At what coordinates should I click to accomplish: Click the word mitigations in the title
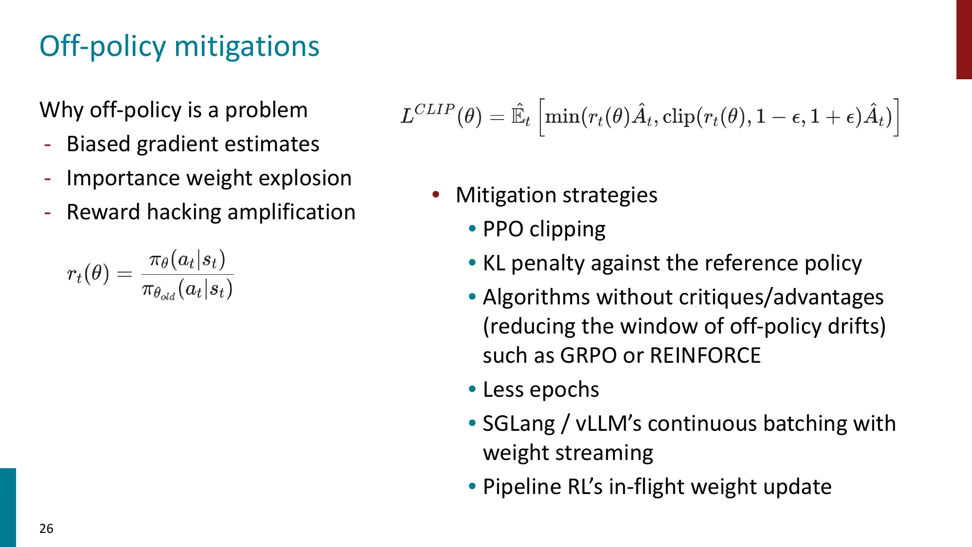pyautogui.click(x=247, y=47)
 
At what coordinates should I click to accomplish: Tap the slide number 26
pyautogui.click(x=46, y=529)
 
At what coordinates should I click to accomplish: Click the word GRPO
pyautogui.click(x=589, y=355)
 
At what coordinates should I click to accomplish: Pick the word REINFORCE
pyautogui.click(x=705, y=355)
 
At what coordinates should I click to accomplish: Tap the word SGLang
pyautogui.click(x=519, y=423)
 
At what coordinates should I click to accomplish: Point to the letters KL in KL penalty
pyautogui.click(x=494, y=263)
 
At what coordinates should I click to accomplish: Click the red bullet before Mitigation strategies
pyautogui.click(x=436, y=194)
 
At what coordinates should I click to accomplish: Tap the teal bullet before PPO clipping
pyautogui.click(x=472, y=229)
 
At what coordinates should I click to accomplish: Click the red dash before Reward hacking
pyautogui.click(x=48, y=212)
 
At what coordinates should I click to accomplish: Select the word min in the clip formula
pyautogui.click(x=562, y=117)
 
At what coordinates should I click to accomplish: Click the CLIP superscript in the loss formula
pyautogui.click(x=434, y=109)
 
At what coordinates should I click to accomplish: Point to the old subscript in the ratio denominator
pyautogui.click(x=168, y=296)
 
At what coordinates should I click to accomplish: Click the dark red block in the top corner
pyautogui.click(x=964, y=39)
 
